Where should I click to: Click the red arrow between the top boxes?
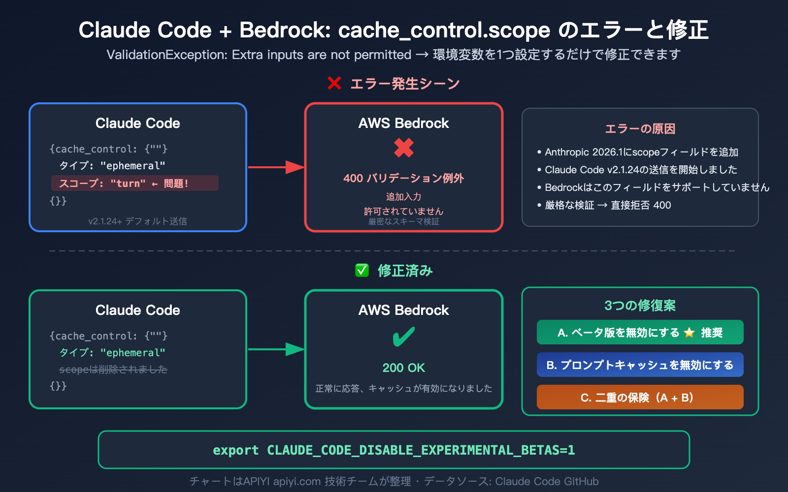tap(276, 167)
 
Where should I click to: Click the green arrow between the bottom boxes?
tap(276, 349)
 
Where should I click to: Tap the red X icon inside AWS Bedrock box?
tap(404, 148)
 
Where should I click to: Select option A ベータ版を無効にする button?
tap(640, 333)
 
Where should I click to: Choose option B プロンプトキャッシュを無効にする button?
tap(640, 365)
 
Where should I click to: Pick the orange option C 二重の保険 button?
tap(640, 398)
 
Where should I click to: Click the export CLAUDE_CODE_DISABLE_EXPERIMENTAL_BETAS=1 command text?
tap(394, 450)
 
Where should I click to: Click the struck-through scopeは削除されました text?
tap(113, 369)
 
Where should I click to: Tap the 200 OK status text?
tap(404, 368)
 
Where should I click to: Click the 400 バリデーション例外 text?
tap(404, 178)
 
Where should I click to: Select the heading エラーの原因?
tap(640, 129)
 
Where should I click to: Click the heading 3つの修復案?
tap(640, 306)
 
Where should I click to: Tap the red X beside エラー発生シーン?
tap(334, 84)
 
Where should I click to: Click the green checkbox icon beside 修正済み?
tap(362, 271)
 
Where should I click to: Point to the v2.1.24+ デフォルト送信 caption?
tap(138, 221)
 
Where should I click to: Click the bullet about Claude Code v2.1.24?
tap(640, 170)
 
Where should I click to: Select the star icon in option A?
tap(689, 333)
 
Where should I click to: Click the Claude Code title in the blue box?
tap(138, 123)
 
